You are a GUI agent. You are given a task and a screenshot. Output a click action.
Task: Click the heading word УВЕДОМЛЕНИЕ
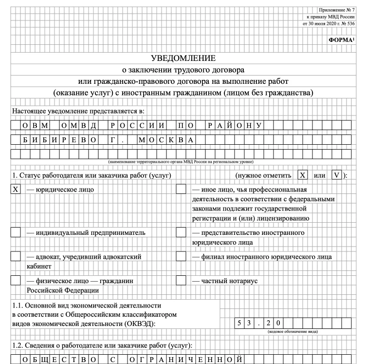pyautogui.click(x=182, y=58)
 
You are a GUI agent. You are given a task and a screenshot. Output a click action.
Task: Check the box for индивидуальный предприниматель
pyautogui.click(x=16, y=232)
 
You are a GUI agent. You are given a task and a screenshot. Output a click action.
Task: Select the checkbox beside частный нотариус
pyautogui.click(x=181, y=281)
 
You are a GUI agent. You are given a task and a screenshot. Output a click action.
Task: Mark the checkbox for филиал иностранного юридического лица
pyautogui.click(x=181, y=256)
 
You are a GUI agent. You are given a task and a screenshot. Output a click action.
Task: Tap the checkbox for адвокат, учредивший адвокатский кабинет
pyautogui.click(x=16, y=256)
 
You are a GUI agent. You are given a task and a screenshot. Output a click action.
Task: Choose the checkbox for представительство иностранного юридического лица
pyautogui.click(x=181, y=232)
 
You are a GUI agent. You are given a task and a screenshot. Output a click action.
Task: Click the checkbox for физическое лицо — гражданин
pyautogui.click(x=16, y=281)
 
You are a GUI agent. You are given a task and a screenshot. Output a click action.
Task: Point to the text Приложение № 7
pyautogui.click(x=336, y=10)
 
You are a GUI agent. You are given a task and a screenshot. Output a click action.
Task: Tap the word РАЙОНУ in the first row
pyautogui.click(x=235, y=126)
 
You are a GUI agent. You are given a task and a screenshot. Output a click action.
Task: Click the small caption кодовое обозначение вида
pyautogui.click(x=293, y=332)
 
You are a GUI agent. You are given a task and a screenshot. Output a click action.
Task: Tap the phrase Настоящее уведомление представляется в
pyautogui.click(x=78, y=111)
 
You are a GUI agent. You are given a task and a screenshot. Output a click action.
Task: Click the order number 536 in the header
pyautogui.click(x=349, y=23)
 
